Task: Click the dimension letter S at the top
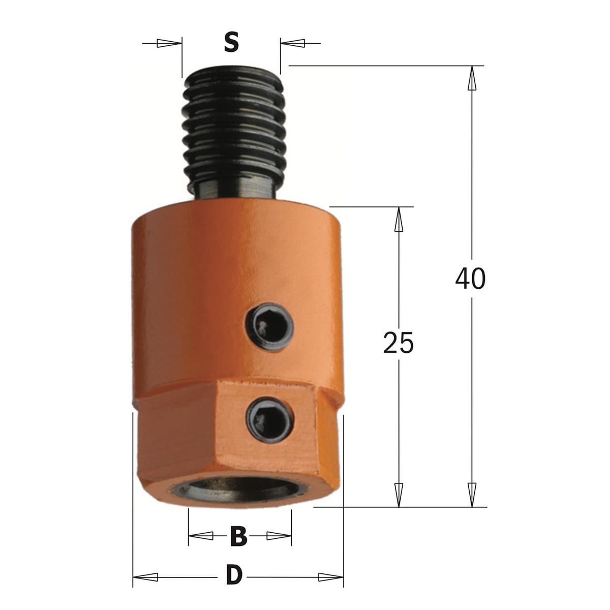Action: click(x=231, y=43)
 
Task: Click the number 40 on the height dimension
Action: click(x=470, y=279)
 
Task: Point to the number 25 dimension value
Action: click(x=398, y=343)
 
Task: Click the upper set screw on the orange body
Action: click(x=269, y=327)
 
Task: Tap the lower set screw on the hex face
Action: click(x=270, y=421)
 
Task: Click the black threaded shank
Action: click(x=233, y=131)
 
